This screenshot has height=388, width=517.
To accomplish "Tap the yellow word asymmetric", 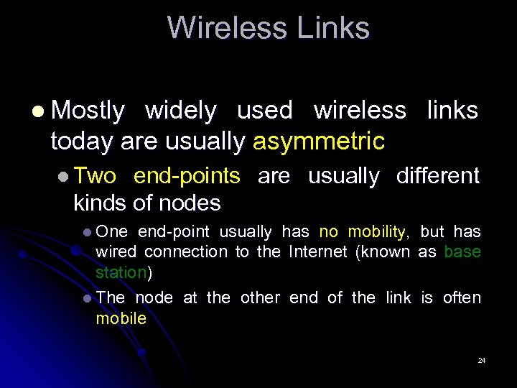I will pyautogui.click(x=319, y=142).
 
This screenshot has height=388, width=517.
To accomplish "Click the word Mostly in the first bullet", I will pyautogui.click(x=88, y=111).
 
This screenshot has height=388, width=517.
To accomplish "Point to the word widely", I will pyautogui.click(x=180, y=111).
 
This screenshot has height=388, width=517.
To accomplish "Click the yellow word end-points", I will pyautogui.click(x=187, y=176).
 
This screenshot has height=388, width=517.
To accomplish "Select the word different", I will pyautogui.click(x=438, y=176).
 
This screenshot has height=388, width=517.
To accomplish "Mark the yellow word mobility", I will pyautogui.click(x=376, y=231).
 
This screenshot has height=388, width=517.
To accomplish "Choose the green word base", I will pyautogui.click(x=462, y=251).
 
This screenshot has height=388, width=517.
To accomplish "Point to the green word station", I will pyautogui.click(x=121, y=272).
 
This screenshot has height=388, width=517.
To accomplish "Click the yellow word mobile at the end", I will pyautogui.click(x=121, y=318).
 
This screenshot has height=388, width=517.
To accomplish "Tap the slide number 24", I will pyautogui.click(x=482, y=360).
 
